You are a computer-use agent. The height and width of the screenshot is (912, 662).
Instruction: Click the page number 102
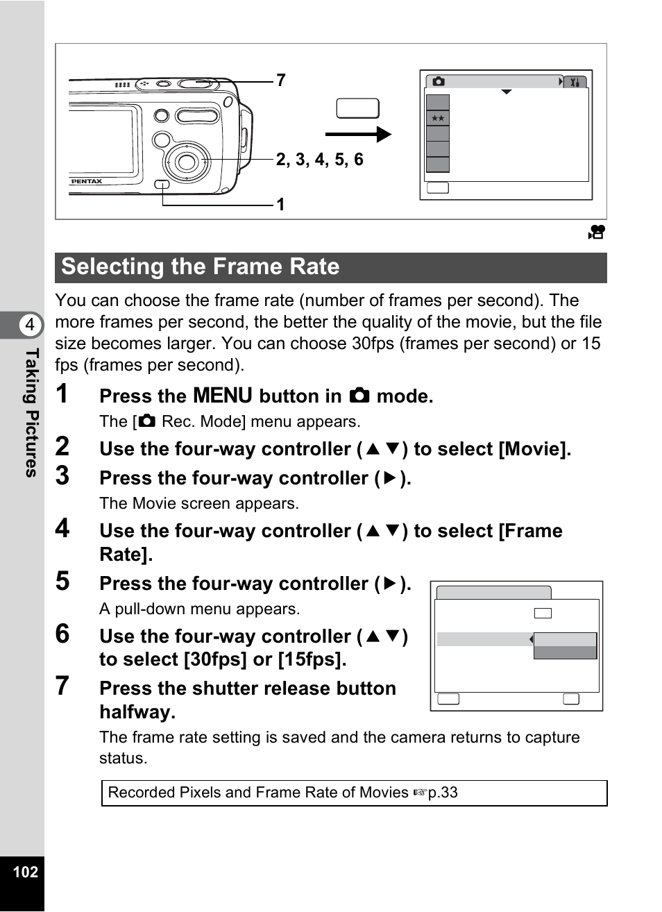click(25, 872)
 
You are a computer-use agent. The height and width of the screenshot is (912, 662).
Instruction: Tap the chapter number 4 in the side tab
click(29, 325)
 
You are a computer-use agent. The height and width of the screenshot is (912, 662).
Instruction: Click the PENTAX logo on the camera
click(86, 181)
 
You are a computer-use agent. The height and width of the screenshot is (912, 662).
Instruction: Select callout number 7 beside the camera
click(281, 81)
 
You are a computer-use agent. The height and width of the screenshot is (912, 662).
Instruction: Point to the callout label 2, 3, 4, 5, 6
click(319, 160)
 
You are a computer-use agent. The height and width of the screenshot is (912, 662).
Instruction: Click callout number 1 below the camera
click(280, 205)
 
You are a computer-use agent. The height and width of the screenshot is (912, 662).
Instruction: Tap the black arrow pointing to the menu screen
click(358, 134)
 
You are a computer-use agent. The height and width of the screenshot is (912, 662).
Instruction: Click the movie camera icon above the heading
click(596, 233)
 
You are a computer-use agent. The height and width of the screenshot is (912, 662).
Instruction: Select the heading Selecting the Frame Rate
click(201, 267)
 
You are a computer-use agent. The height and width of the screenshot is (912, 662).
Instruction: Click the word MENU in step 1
click(223, 396)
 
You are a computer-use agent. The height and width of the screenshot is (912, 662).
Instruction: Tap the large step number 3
click(62, 476)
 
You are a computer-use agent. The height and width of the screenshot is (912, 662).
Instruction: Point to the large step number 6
click(62, 634)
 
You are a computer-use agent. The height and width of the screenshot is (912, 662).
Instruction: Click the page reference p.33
click(443, 793)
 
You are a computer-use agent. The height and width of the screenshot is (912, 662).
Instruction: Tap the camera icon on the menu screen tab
click(439, 82)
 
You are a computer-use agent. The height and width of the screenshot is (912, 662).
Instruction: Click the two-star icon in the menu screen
click(438, 119)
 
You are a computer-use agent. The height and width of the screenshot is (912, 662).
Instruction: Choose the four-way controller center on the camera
click(186, 162)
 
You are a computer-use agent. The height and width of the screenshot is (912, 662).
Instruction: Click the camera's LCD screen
click(101, 141)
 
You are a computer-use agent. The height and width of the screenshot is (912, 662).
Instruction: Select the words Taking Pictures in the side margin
click(31, 412)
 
